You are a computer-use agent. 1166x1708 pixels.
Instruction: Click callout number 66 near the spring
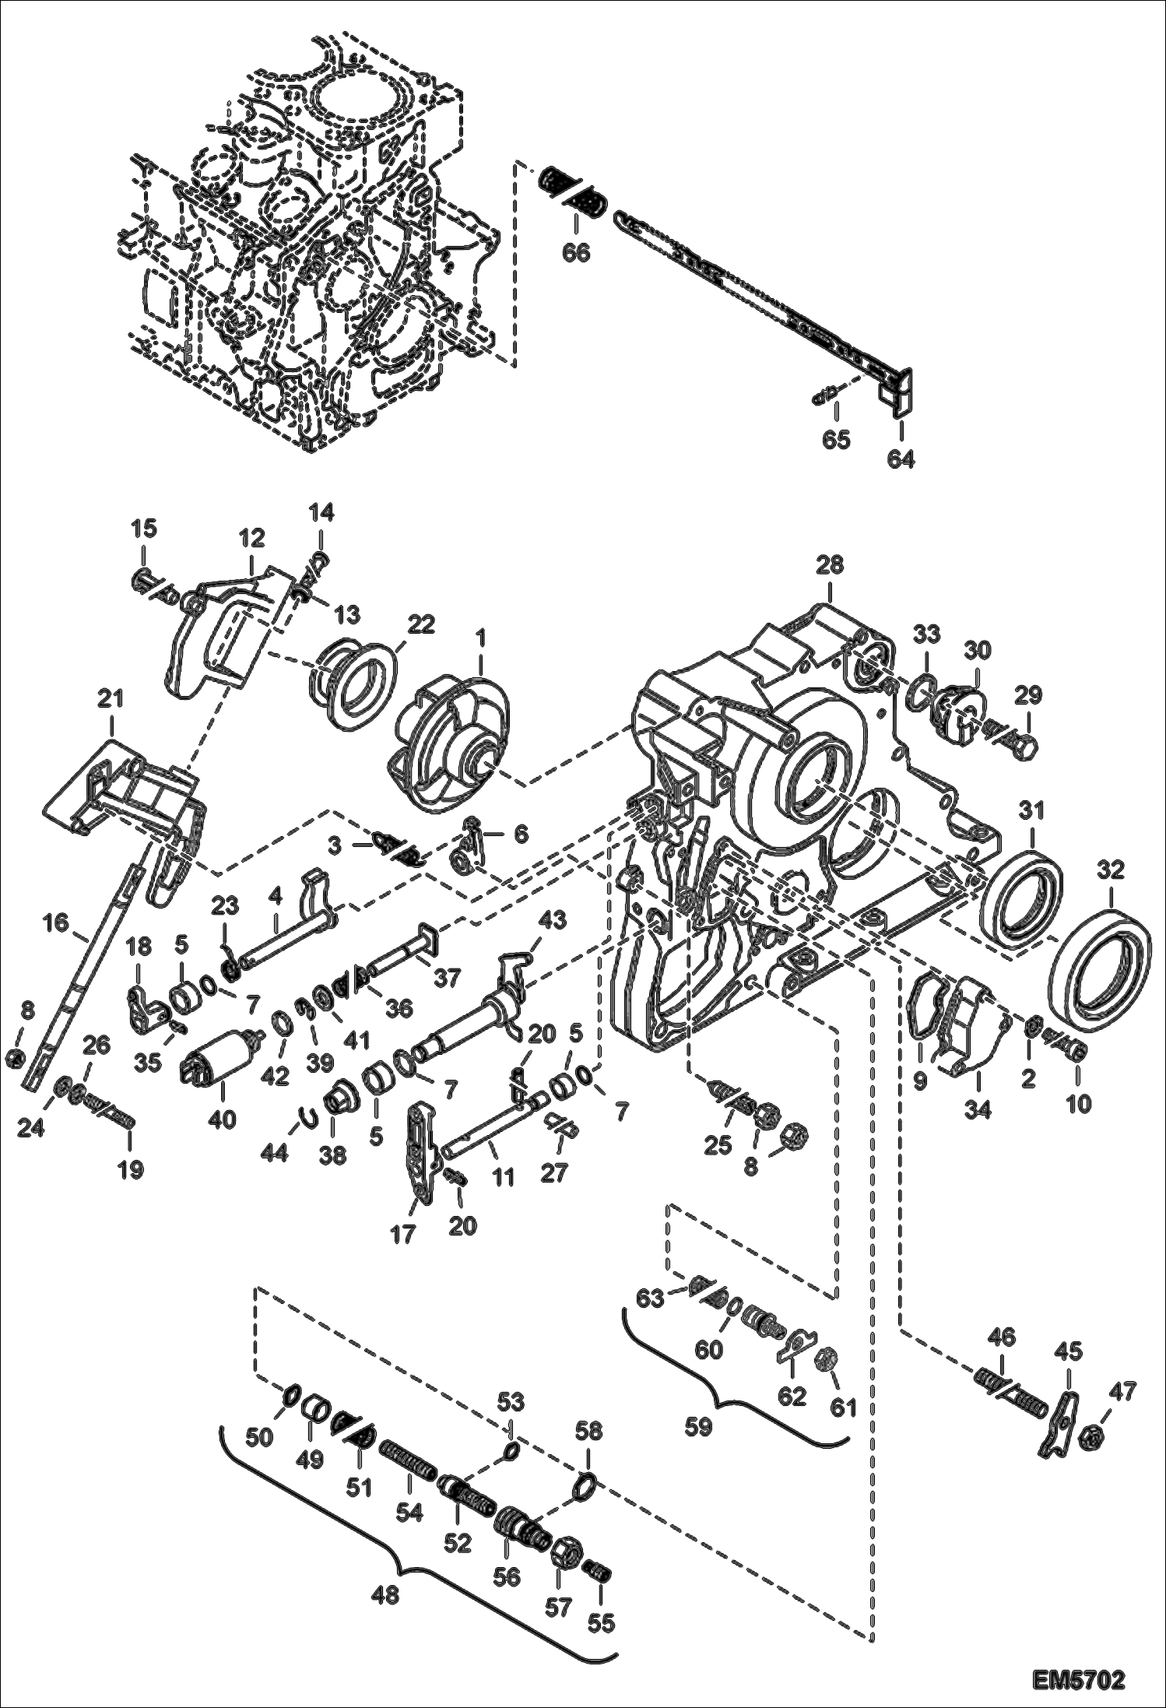pyautogui.click(x=578, y=253)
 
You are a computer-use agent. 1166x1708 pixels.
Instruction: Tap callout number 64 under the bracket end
pyautogui.click(x=901, y=459)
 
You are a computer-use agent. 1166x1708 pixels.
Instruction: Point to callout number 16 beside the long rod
pyautogui.click(x=55, y=923)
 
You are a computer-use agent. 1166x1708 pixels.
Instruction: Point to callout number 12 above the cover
pyautogui.click(x=251, y=538)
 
